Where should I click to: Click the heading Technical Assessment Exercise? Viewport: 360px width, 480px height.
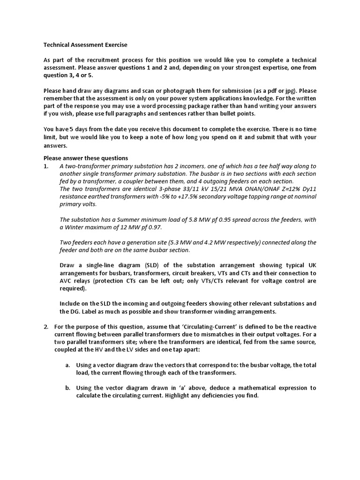pyautogui.click(x=85, y=45)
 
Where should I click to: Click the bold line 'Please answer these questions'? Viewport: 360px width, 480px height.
pyautogui.click(x=86, y=158)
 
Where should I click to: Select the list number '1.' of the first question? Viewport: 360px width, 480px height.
pyautogui.click(x=46, y=166)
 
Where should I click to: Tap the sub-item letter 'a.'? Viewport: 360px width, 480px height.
pyautogui.click(x=68, y=365)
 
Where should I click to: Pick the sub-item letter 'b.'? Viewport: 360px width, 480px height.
pyautogui.click(x=68, y=388)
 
